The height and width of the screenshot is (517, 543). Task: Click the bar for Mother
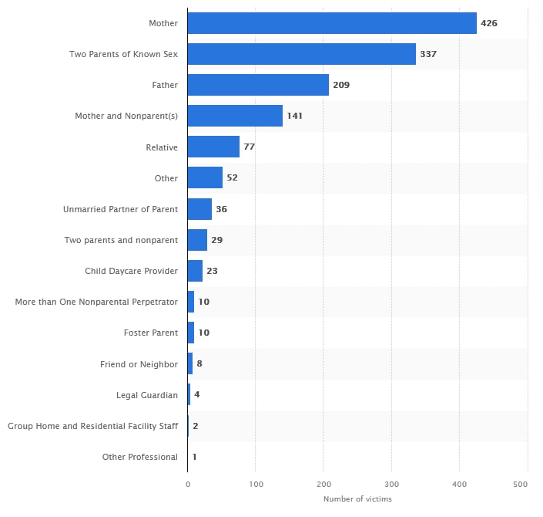[x=332, y=23]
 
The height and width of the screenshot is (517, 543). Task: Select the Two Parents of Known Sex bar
[x=301, y=54]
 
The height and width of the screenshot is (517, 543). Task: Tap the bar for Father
[x=258, y=85]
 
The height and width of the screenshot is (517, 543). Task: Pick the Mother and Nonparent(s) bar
[x=235, y=116]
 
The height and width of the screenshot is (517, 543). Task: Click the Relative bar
[x=213, y=147]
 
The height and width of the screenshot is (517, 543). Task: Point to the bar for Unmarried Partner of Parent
[x=199, y=209]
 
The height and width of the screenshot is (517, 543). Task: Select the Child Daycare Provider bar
[x=195, y=271]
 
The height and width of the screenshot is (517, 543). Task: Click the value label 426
[x=489, y=23]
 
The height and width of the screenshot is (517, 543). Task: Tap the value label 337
[x=428, y=54]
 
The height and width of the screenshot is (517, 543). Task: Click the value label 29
[x=217, y=240]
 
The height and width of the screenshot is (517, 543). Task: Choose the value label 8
[x=199, y=363]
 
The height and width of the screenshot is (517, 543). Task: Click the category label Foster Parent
[x=151, y=333]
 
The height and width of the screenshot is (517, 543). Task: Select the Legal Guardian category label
[x=147, y=395]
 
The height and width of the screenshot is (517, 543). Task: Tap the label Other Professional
[x=140, y=457]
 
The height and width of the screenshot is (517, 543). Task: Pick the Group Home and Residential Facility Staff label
[x=92, y=426]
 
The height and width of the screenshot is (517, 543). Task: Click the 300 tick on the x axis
[x=391, y=483]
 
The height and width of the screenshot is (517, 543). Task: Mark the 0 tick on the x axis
[x=187, y=483]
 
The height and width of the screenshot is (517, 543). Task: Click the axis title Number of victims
[x=357, y=499]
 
